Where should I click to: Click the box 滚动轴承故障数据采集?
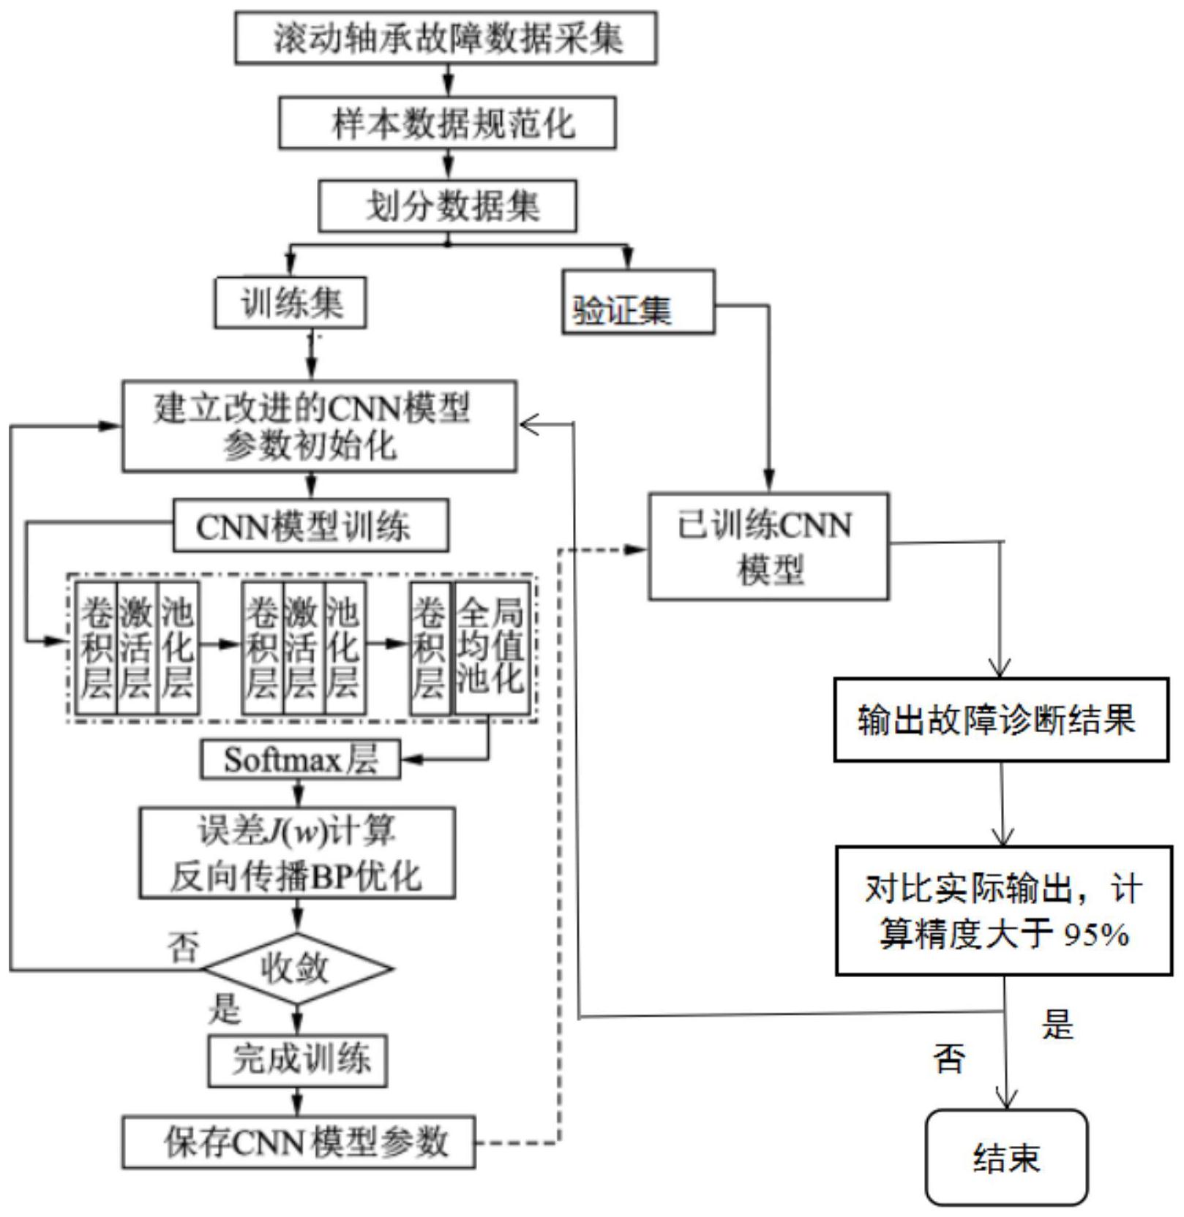point(446,37)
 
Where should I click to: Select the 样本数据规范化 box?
point(447,123)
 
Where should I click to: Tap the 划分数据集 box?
point(447,206)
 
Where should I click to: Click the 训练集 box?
point(291,302)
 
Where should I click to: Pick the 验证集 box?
point(638,303)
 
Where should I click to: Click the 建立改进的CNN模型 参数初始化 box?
point(319,426)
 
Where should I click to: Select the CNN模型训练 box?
point(310,526)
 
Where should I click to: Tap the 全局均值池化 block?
point(492,648)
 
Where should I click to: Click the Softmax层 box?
point(300,760)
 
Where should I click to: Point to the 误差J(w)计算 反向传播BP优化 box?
point(297,853)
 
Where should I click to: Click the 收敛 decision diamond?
point(297,968)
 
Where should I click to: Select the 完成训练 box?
point(297,1060)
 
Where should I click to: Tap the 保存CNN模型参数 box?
point(299,1142)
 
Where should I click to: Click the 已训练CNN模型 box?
point(768,547)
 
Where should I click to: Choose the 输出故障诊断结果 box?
point(1000,720)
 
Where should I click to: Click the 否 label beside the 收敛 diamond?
point(183,947)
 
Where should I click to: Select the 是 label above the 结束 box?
point(1057,1025)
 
